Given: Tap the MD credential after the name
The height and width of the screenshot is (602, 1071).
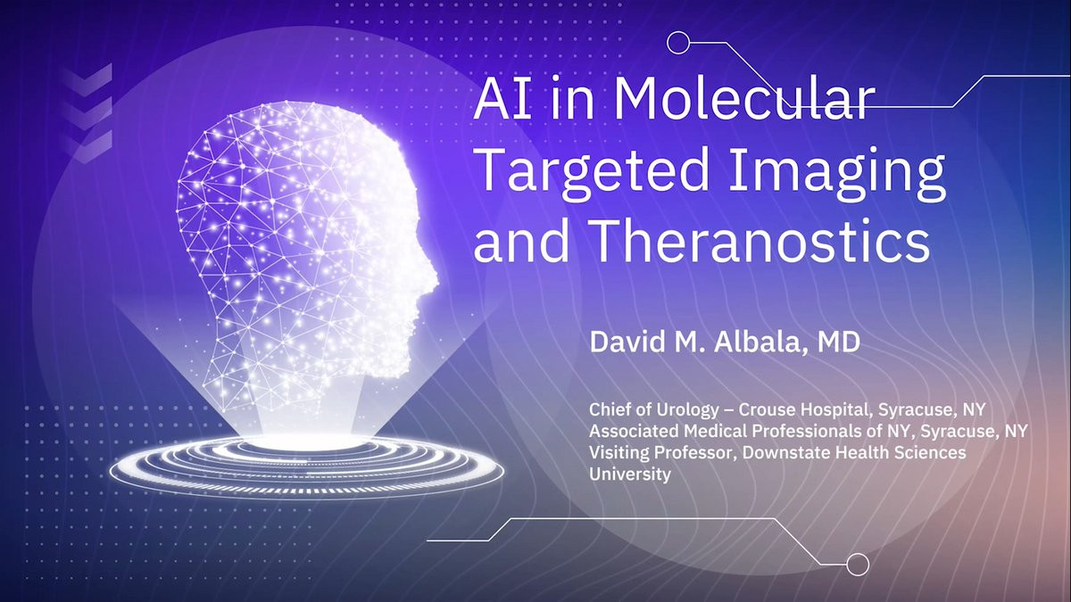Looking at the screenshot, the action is click(x=839, y=342).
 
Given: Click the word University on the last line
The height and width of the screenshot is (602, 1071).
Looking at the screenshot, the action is click(x=630, y=474).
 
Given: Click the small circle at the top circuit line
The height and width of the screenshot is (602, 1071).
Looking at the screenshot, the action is click(x=678, y=43).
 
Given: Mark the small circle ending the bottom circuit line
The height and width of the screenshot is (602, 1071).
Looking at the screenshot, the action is click(x=858, y=565).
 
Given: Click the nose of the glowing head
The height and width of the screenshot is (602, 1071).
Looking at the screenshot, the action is click(x=433, y=278).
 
